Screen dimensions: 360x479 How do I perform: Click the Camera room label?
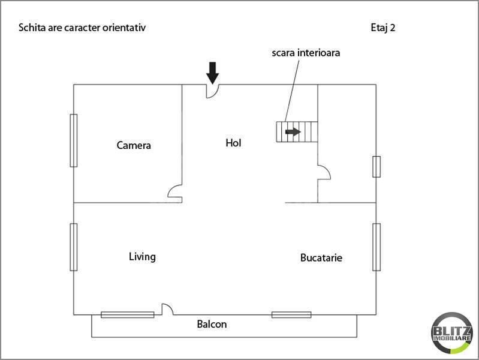tap(134, 145)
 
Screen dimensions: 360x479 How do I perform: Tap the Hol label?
tap(233, 143)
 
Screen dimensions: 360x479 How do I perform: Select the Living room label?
tap(142, 257)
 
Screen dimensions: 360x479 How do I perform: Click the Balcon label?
tap(212, 325)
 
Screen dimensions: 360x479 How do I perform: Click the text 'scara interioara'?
tap(306, 53)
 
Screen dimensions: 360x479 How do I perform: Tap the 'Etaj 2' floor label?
tap(382, 28)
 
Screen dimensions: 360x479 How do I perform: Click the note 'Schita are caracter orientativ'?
tap(82, 28)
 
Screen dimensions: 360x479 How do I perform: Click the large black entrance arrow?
tap(212, 72)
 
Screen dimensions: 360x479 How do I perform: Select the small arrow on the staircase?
tap(293, 131)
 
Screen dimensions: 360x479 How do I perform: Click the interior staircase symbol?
tap(296, 131)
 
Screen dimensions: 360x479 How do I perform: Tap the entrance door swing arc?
tap(213, 91)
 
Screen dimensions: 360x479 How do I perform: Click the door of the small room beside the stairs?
tap(323, 172)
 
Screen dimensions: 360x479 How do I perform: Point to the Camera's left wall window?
tap(74, 140)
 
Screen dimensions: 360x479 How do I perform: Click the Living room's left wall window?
tap(74, 247)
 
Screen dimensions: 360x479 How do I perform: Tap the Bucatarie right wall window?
tap(376, 247)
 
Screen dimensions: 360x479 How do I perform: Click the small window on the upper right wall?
tap(376, 166)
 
